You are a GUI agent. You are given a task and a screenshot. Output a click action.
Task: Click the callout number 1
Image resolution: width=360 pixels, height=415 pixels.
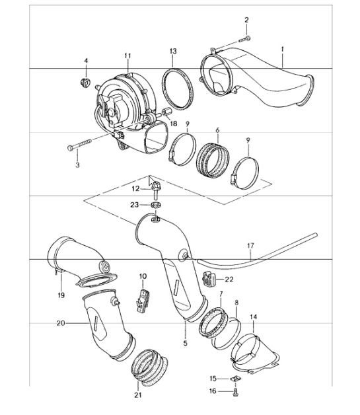pos(282,49)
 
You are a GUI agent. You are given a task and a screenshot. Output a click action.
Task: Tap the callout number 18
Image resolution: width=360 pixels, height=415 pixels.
pos(174,124)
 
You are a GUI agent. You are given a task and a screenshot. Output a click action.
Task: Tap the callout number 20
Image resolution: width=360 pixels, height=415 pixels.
pos(61,324)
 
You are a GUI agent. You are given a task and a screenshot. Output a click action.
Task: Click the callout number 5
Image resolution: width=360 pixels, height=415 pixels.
pos(185,343)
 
